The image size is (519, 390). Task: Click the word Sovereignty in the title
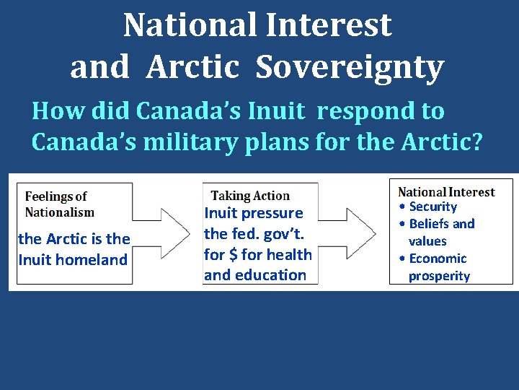point(350,67)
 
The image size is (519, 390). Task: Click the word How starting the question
point(53,111)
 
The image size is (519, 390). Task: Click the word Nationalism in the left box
point(60,212)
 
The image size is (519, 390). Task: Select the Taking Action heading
point(250,196)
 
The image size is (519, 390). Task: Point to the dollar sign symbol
point(236,254)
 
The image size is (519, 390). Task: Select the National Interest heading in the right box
point(446,192)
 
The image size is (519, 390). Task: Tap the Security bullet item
point(432,207)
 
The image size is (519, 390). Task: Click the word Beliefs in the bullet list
point(430,224)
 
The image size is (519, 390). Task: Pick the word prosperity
point(439,276)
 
